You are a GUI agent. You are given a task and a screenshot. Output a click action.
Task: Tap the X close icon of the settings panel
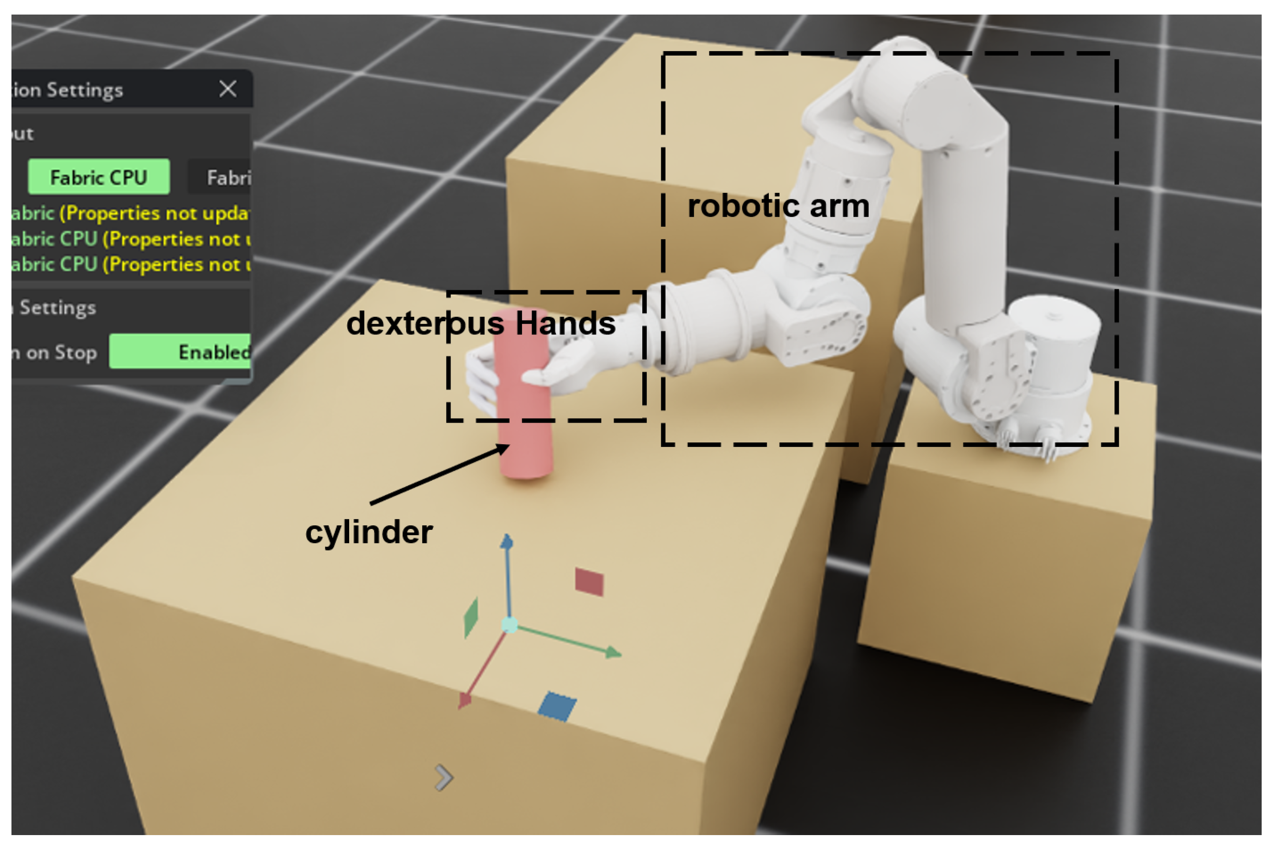pos(228,89)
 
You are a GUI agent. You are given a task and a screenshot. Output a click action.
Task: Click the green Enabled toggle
pos(180,352)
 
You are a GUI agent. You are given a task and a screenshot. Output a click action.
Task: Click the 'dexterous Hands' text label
pos(481,323)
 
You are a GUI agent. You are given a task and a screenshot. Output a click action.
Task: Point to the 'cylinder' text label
pos(369,532)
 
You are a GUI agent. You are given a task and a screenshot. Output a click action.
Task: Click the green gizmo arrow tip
pos(613,652)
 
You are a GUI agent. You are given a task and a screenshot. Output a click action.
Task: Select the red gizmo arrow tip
pos(464,701)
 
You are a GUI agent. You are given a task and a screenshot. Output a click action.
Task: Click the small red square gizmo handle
pos(589,582)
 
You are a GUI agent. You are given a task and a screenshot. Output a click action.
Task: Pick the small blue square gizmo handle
pos(557,706)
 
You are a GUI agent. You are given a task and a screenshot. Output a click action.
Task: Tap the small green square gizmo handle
pos(471,618)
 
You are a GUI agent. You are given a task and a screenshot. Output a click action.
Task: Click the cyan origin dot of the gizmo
pos(510,625)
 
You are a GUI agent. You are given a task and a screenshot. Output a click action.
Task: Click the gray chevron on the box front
pos(444,778)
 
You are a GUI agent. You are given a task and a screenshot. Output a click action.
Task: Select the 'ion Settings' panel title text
pos(67,90)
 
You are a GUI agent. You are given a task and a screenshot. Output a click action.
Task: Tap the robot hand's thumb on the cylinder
pos(540,376)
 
